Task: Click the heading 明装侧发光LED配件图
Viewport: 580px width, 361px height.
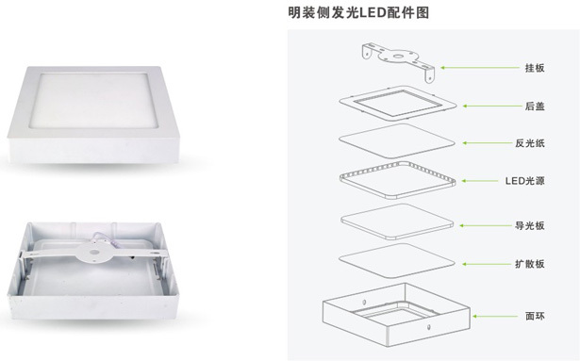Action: pyautogui.click(x=358, y=12)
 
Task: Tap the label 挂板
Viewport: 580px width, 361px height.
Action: pyautogui.click(x=535, y=68)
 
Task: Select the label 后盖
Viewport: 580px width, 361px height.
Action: pyautogui.click(x=535, y=107)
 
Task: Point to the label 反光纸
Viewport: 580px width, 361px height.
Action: pyautogui.click(x=530, y=143)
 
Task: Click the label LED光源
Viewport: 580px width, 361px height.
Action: pyautogui.click(x=525, y=181)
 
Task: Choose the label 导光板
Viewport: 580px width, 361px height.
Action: pyautogui.click(x=530, y=225)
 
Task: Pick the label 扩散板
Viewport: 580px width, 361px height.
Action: pyautogui.click(x=530, y=264)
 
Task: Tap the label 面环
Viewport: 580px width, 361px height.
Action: pyautogui.click(x=535, y=317)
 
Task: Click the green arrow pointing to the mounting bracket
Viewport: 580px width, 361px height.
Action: pyautogui.click(x=480, y=68)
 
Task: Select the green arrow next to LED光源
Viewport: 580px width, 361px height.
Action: pyautogui.click(x=480, y=181)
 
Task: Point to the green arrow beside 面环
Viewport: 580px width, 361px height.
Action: pyautogui.click(x=495, y=317)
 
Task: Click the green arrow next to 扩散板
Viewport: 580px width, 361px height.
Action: pyautogui.click(x=487, y=264)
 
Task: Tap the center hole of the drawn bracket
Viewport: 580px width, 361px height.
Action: pyautogui.click(x=398, y=57)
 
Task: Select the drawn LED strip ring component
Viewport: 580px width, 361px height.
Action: pyautogui.click(x=398, y=164)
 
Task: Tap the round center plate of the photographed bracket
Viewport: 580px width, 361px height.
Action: pyautogui.click(x=93, y=253)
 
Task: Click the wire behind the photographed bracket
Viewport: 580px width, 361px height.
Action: pyautogui.click(x=108, y=238)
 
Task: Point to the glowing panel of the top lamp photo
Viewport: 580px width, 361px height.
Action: pyautogui.click(x=94, y=100)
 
